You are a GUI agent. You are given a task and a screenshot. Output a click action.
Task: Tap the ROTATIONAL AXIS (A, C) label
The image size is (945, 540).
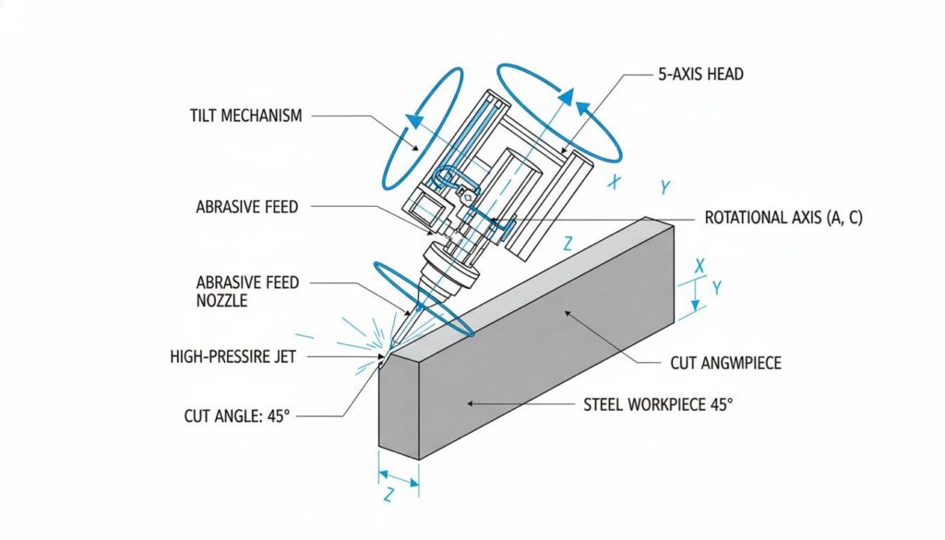783,219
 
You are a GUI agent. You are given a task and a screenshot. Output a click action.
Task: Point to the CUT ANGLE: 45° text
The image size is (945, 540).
237,416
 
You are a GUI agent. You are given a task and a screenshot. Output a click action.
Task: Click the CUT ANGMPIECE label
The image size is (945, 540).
725,363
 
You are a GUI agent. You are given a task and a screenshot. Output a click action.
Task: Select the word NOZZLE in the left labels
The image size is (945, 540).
222,301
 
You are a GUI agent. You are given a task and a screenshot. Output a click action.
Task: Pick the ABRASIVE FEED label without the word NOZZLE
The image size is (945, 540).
247,207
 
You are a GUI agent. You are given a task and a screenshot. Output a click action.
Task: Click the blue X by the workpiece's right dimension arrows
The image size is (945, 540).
699,266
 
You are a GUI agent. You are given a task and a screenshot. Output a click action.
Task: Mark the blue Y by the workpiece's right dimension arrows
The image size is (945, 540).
716,288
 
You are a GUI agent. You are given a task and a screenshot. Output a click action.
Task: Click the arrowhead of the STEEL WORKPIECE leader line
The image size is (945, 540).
467,403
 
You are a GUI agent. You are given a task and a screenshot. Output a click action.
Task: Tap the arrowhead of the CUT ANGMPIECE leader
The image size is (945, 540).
565,314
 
